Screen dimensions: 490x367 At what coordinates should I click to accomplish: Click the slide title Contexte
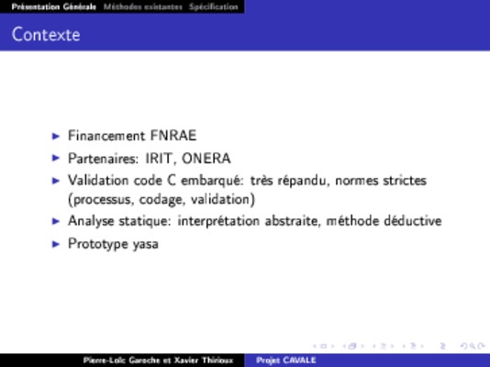(46, 34)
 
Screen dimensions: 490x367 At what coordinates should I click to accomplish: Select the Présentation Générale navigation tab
(54, 6)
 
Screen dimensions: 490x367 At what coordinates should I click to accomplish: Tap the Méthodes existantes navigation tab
(143, 6)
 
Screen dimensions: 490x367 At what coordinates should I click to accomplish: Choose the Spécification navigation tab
(214, 6)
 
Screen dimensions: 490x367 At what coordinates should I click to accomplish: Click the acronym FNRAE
(173, 136)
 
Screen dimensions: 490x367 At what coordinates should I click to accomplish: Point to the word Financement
(106, 136)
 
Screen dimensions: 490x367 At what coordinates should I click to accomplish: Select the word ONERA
(206, 159)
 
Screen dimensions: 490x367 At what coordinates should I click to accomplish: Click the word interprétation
(218, 221)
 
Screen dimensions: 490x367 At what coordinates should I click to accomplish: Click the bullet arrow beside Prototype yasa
(56, 244)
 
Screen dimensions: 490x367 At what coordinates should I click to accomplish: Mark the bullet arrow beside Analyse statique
(56, 221)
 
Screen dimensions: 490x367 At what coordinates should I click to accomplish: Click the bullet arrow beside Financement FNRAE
(56, 136)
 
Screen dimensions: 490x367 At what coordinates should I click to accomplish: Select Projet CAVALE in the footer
(286, 361)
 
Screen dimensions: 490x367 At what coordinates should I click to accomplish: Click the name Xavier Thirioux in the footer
(204, 361)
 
